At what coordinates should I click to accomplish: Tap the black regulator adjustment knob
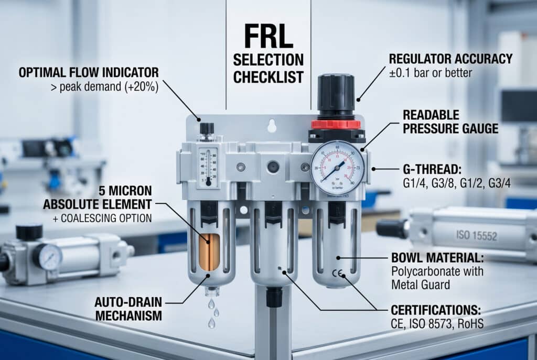pyautogui.click(x=336, y=94)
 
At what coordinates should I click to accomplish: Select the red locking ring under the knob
pyautogui.click(x=336, y=124)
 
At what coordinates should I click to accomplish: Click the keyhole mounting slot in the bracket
pyautogui.click(x=272, y=126)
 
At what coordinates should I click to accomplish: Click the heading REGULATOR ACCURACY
pyautogui.click(x=450, y=59)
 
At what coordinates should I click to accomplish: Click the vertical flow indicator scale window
pyautogui.click(x=208, y=167)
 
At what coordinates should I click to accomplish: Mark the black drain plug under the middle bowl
pyautogui.click(x=274, y=297)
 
